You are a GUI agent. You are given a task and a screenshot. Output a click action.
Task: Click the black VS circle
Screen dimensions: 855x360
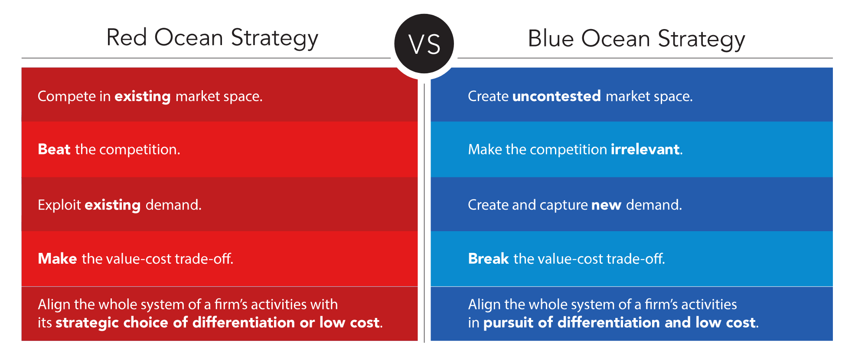click(x=424, y=44)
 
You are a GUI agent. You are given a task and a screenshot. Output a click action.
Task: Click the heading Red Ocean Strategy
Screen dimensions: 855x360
click(x=212, y=38)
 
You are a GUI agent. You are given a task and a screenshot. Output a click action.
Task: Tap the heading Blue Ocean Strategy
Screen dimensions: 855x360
click(x=636, y=39)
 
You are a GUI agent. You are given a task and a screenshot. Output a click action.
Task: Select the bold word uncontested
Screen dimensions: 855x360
click(x=556, y=96)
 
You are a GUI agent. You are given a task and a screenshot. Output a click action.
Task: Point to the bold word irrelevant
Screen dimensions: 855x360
click(x=645, y=149)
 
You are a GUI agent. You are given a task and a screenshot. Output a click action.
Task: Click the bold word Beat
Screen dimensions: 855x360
click(x=54, y=149)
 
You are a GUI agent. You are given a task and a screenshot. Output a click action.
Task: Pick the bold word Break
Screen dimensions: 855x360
click(x=488, y=259)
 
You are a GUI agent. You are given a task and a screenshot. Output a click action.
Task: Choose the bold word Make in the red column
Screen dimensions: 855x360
click(x=58, y=259)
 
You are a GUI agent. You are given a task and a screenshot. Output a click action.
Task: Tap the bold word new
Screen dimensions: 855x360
click(x=606, y=205)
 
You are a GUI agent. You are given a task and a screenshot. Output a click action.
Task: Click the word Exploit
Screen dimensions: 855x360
click(x=59, y=205)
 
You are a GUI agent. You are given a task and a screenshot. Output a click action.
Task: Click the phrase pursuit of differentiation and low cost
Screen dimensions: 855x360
click(x=620, y=323)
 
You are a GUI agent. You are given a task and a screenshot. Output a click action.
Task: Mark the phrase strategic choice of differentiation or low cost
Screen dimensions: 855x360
click(x=218, y=323)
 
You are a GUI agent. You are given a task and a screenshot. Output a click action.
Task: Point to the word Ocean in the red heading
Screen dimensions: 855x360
click(x=189, y=37)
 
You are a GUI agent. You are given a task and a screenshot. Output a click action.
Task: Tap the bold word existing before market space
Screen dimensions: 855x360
click(x=142, y=96)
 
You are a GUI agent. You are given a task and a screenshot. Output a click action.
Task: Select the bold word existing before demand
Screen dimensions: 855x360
click(x=113, y=205)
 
